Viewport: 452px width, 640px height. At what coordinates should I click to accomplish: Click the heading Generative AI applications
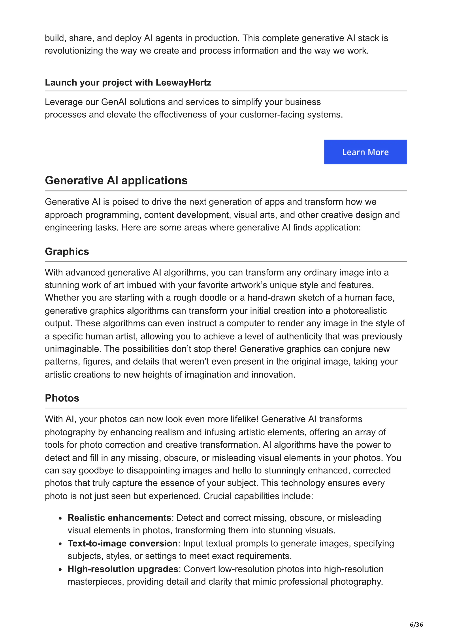click(x=116, y=180)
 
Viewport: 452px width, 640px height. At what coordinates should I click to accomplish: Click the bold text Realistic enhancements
click(x=119, y=518)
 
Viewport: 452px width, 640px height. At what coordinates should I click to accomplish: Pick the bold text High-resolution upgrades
click(x=123, y=569)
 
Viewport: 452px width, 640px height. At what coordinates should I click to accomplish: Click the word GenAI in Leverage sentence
click(x=114, y=102)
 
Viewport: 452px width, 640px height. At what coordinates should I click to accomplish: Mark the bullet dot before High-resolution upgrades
click(x=60, y=570)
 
